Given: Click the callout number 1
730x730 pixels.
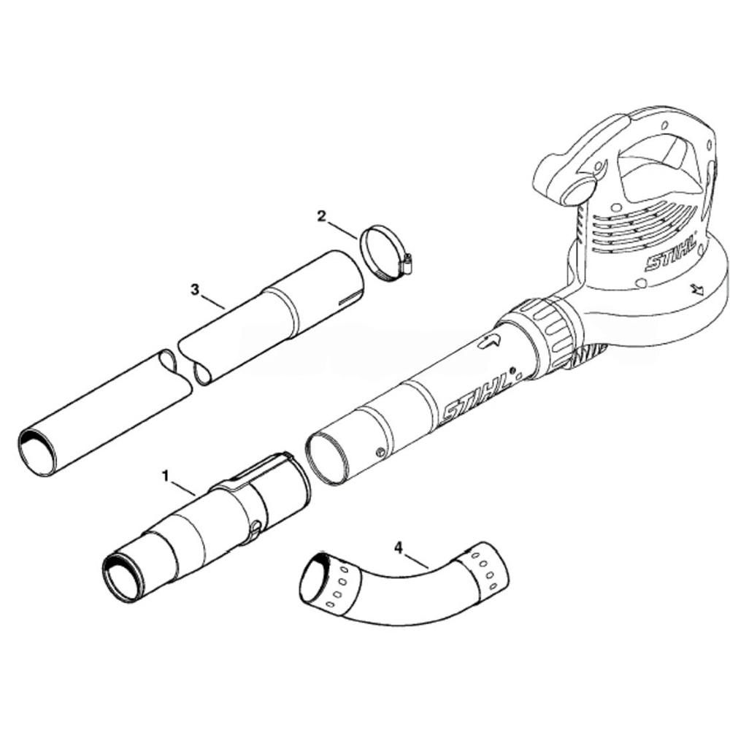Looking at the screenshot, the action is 165,476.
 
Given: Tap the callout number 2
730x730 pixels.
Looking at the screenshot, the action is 322,216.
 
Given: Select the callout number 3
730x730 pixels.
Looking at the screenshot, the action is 195,290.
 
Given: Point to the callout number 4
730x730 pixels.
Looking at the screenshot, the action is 398,548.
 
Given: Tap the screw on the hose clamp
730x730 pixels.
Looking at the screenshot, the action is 407,264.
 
